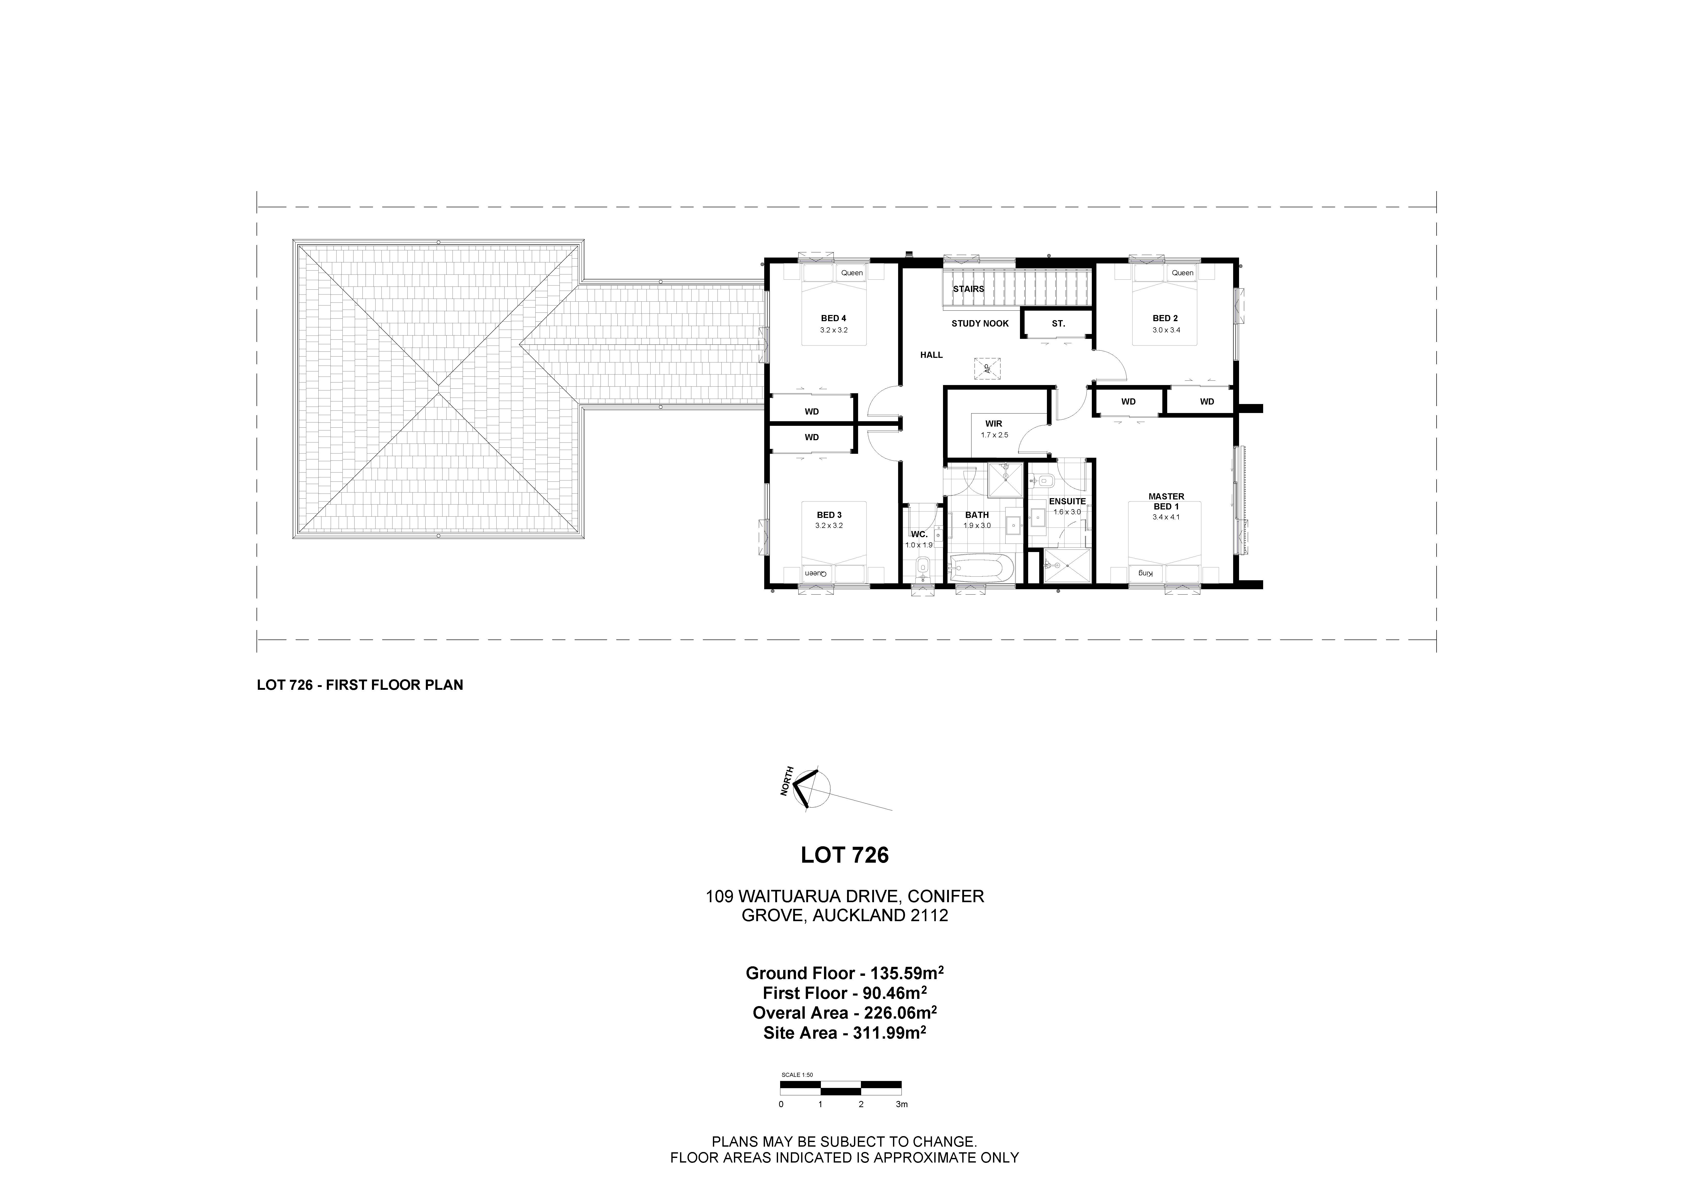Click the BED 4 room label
click(x=833, y=318)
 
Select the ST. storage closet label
click(x=1058, y=323)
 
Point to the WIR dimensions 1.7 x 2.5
click(x=994, y=435)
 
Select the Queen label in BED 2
click(x=1183, y=273)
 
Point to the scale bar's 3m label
click(x=901, y=1105)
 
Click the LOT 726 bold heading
click(x=844, y=855)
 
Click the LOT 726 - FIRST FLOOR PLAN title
click(x=360, y=685)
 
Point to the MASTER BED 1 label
click(x=1166, y=501)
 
